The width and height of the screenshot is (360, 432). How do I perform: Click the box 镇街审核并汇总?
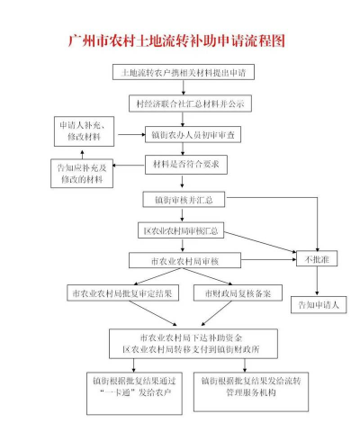point(184,199)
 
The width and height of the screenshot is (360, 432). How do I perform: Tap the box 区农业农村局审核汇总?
point(184,230)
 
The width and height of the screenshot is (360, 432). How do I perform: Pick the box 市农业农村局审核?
point(184,261)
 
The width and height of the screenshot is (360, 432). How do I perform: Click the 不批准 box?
point(318,261)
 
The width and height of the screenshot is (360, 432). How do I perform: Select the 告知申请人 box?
point(318,305)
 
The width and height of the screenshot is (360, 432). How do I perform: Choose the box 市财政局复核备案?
point(238,293)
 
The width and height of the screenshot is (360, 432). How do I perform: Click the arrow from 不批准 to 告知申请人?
point(318,283)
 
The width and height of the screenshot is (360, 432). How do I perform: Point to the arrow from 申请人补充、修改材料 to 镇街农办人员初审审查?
point(131,135)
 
